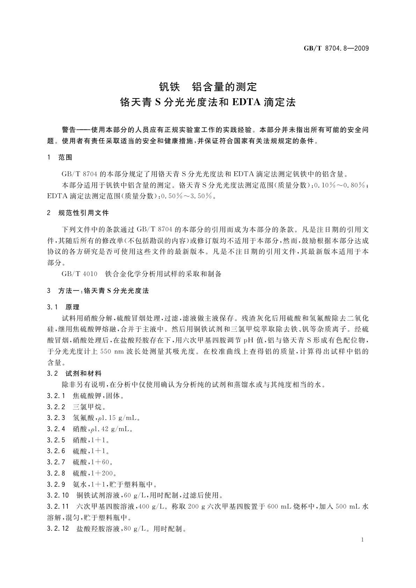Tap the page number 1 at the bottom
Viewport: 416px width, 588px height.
(x=363, y=540)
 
